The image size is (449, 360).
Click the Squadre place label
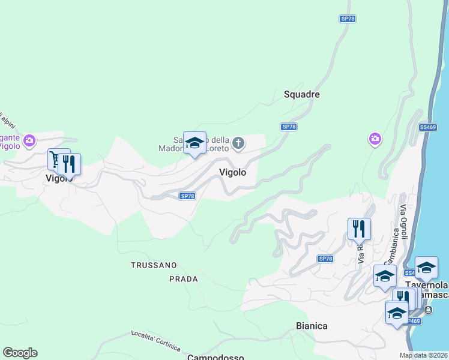[301, 94]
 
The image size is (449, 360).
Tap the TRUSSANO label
[154, 265]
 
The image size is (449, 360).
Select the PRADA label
[183, 279]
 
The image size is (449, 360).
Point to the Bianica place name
[312, 326]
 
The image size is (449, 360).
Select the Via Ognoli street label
[403, 223]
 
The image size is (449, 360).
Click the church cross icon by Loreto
[238, 143]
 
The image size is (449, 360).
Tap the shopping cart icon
[58, 159]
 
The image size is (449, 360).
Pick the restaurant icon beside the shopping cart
[70, 163]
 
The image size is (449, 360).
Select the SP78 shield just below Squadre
[289, 127]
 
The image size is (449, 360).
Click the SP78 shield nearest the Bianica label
[325, 259]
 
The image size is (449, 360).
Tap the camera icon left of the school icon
[28, 141]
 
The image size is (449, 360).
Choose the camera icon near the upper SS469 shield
[375, 139]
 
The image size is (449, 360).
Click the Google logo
[20, 353]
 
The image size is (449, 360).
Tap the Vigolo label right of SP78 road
[232, 172]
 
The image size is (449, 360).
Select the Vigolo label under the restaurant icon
[59, 178]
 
